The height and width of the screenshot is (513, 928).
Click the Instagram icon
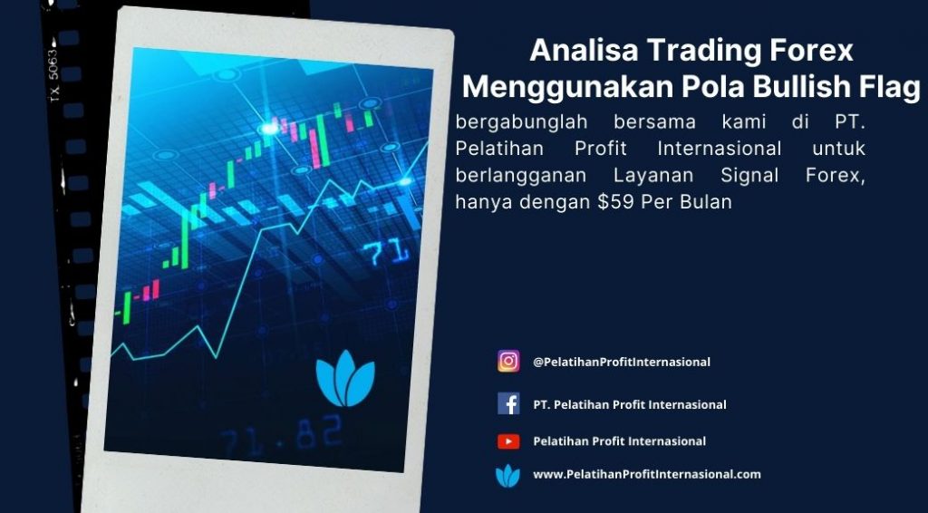[x=508, y=361]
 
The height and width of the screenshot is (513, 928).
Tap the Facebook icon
[x=508, y=404]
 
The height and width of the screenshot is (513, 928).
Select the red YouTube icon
[x=508, y=441]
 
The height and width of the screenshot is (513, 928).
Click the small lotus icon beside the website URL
[x=507, y=475]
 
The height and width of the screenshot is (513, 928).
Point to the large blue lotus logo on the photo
[x=345, y=379]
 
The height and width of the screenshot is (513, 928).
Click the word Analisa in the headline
[x=585, y=50]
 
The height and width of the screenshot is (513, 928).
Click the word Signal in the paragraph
[x=749, y=176]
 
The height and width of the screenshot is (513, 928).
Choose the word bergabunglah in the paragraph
[x=521, y=122]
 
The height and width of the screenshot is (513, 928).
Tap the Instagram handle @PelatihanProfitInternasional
[x=622, y=362]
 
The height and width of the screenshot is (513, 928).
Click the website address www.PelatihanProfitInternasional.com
[x=647, y=474]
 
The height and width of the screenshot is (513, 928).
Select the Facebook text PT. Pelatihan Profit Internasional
[x=630, y=405]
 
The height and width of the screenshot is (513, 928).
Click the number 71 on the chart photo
[x=385, y=253]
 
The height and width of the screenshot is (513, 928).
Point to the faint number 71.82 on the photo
[x=282, y=437]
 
